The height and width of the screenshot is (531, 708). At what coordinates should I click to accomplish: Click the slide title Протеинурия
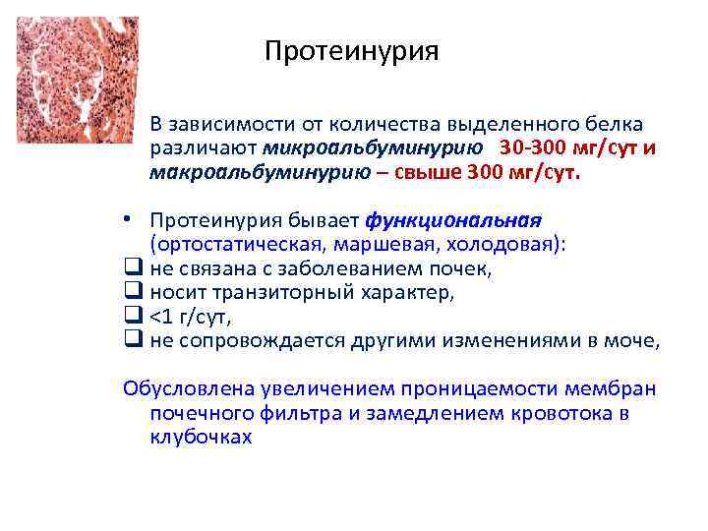[351, 50]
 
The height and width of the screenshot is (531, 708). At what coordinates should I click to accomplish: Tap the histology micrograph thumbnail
[78, 80]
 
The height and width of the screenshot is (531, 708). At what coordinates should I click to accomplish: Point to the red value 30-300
[532, 148]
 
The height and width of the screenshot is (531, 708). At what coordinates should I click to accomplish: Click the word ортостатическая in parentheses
[241, 242]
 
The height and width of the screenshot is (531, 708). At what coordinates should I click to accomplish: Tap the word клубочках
[202, 438]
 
